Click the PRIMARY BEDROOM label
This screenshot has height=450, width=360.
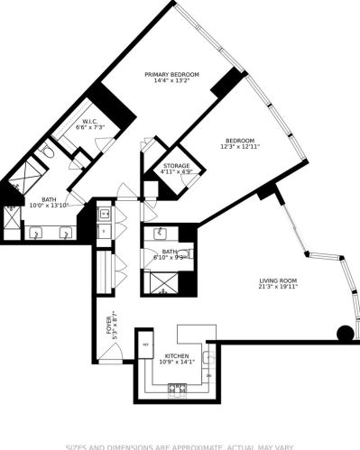pos(171,75)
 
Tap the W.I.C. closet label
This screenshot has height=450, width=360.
pos(91,122)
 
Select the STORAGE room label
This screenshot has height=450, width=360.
pos(175,166)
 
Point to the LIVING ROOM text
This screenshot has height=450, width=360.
pos(276,281)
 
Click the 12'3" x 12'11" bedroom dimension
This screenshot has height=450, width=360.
pos(239,148)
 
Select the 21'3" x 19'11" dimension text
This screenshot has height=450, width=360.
pos(276,289)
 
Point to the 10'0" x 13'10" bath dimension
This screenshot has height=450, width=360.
pos(48,206)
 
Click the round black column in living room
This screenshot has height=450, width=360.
pos(345,334)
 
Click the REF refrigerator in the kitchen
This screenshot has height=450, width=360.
pos(143,344)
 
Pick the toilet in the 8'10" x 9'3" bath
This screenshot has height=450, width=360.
pos(185,254)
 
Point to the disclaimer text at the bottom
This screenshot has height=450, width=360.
pos(180,445)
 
